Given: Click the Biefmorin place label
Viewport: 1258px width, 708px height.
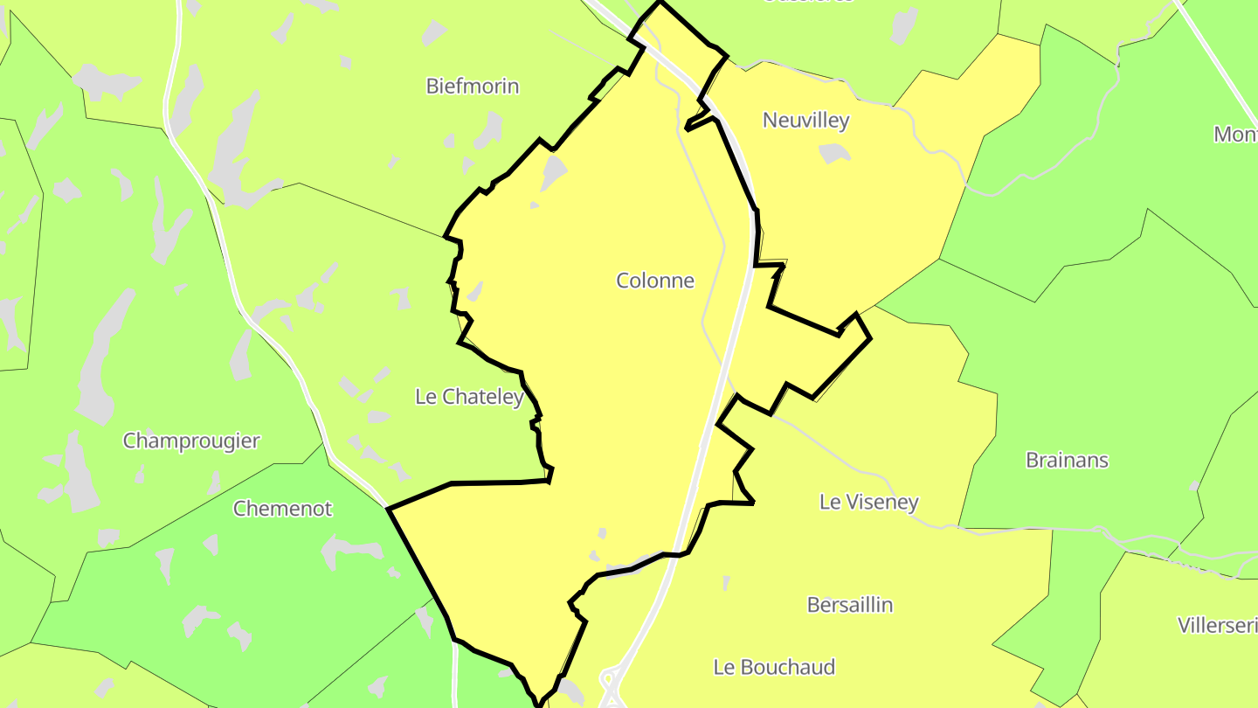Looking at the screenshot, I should pyautogui.click(x=472, y=86).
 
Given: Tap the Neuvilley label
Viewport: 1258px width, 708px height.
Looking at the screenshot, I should pyautogui.click(x=805, y=120).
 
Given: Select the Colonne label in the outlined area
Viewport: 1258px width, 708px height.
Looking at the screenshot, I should pyautogui.click(x=655, y=281).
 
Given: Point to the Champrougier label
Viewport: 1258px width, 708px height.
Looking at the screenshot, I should pyautogui.click(x=191, y=441).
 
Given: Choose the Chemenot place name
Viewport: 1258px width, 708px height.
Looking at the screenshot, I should pyautogui.click(x=282, y=508).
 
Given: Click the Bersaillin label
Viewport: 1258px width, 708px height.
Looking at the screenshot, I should pyautogui.click(x=849, y=605).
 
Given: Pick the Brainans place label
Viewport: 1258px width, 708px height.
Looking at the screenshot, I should pyautogui.click(x=1067, y=460).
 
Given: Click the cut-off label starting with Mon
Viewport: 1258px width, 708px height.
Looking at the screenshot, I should pyautogui.click(x=1235, y=135).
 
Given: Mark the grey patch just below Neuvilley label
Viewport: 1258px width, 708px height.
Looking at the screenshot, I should pyautogui.click(x=834, y=154).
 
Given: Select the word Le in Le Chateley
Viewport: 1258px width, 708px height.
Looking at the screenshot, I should pyautogui.click(x=425, y=397).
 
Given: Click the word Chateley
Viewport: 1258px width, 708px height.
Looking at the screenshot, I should pyautogui.click(x=483, y=397).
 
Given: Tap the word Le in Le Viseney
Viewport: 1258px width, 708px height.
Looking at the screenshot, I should pyautogui.click(x=829, y=502).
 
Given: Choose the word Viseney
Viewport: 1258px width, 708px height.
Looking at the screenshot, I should pyautogui.click(x=881, y=503).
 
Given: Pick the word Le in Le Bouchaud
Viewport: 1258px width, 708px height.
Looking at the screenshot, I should pyautogui.click(x=723, y=667).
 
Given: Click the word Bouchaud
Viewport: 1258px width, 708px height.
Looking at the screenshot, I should pyautogui.click(x=786, y=667).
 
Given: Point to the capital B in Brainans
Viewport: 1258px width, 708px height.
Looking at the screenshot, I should pyautogui.click(x=1033, y=460).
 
